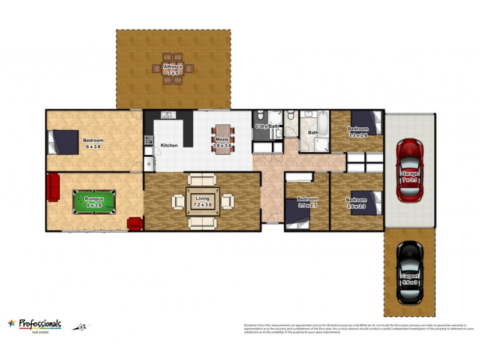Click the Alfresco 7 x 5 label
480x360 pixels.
pyautogui.click(x=173, y=70)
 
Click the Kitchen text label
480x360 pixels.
pyautogui.click(x=169, y=145)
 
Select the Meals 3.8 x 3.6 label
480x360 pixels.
pyautogui.click(x=223, y=142)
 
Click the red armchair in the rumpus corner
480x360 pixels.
pyautogui.click(x=135, y=223)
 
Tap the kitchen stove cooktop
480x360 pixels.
pyautogui.click(x=148, y=141)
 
